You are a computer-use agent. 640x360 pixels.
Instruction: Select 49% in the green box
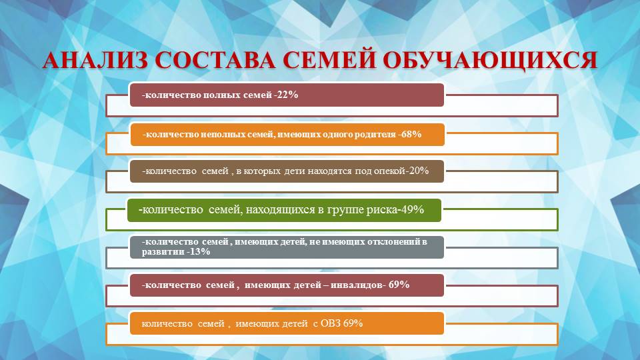pyautogui.click(x=411, y=210)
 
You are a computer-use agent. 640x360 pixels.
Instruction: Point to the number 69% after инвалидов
pyautogui.click(x=399, y=285)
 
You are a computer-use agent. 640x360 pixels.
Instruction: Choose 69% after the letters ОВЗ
pyautogui.click(x=353, y=323)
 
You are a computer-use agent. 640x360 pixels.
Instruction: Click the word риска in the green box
pyautogui.click(x=379, y=210)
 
